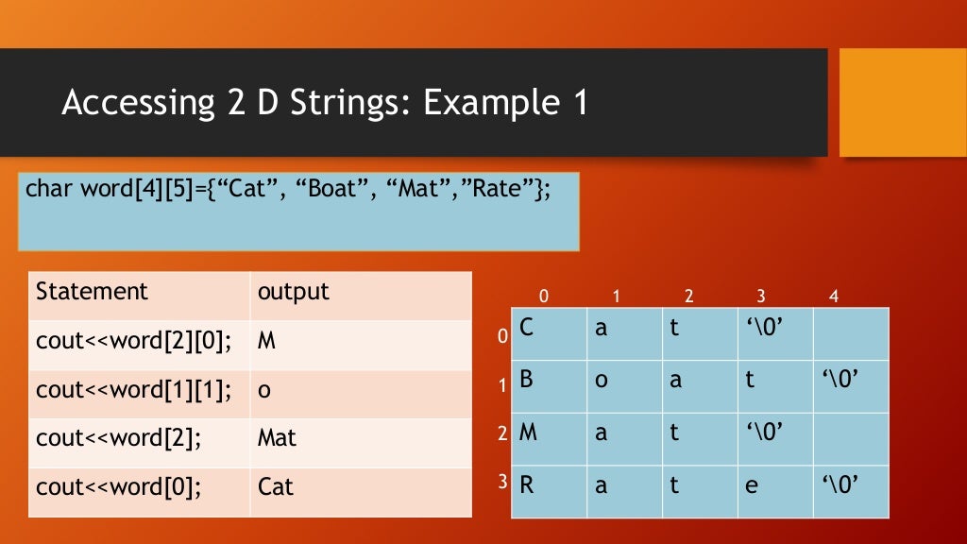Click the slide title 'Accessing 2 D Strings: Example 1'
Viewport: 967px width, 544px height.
click(x=324, y=102)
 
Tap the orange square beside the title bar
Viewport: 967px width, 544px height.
click(x=902, y=102)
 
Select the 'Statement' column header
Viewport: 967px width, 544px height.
click(x=140, y=292)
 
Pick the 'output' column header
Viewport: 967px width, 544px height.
click(x=361, y=292)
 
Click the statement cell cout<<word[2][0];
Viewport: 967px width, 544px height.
click(x=140, y=341)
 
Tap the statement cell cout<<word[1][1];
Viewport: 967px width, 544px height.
click(x=140, y=390)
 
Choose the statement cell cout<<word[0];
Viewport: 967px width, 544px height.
click(x=140, y=487)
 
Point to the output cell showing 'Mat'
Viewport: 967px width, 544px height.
click(x=361, y=438)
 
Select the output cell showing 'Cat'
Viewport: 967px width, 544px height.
click(x=361, y=487)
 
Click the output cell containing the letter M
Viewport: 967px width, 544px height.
click(x=361, y=341)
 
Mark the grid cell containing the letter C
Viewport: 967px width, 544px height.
click(x=549, y=333)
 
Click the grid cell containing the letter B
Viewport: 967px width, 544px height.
click(x=549, y=385)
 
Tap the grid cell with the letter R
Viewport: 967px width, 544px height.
click(x=549, y=491)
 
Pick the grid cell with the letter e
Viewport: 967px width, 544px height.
click(x=774, y=491)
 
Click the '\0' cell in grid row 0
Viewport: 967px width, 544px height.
click(x=774, y=333)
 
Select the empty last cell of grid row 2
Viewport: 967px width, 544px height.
click(x=850, y=438)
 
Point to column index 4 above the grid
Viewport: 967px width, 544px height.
click(x=833, y=297)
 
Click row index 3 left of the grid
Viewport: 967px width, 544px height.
click(x=503, y=482)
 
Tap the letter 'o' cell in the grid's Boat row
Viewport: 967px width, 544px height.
click(x=624, y=385)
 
